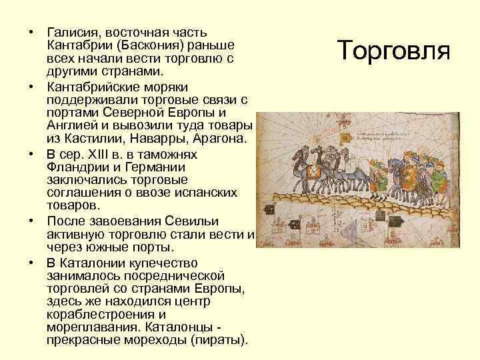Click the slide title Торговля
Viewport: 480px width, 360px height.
tap(395, 51)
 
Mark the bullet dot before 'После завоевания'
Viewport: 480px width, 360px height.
tap(31, 221)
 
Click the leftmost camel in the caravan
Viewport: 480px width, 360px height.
tap(301, 171)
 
